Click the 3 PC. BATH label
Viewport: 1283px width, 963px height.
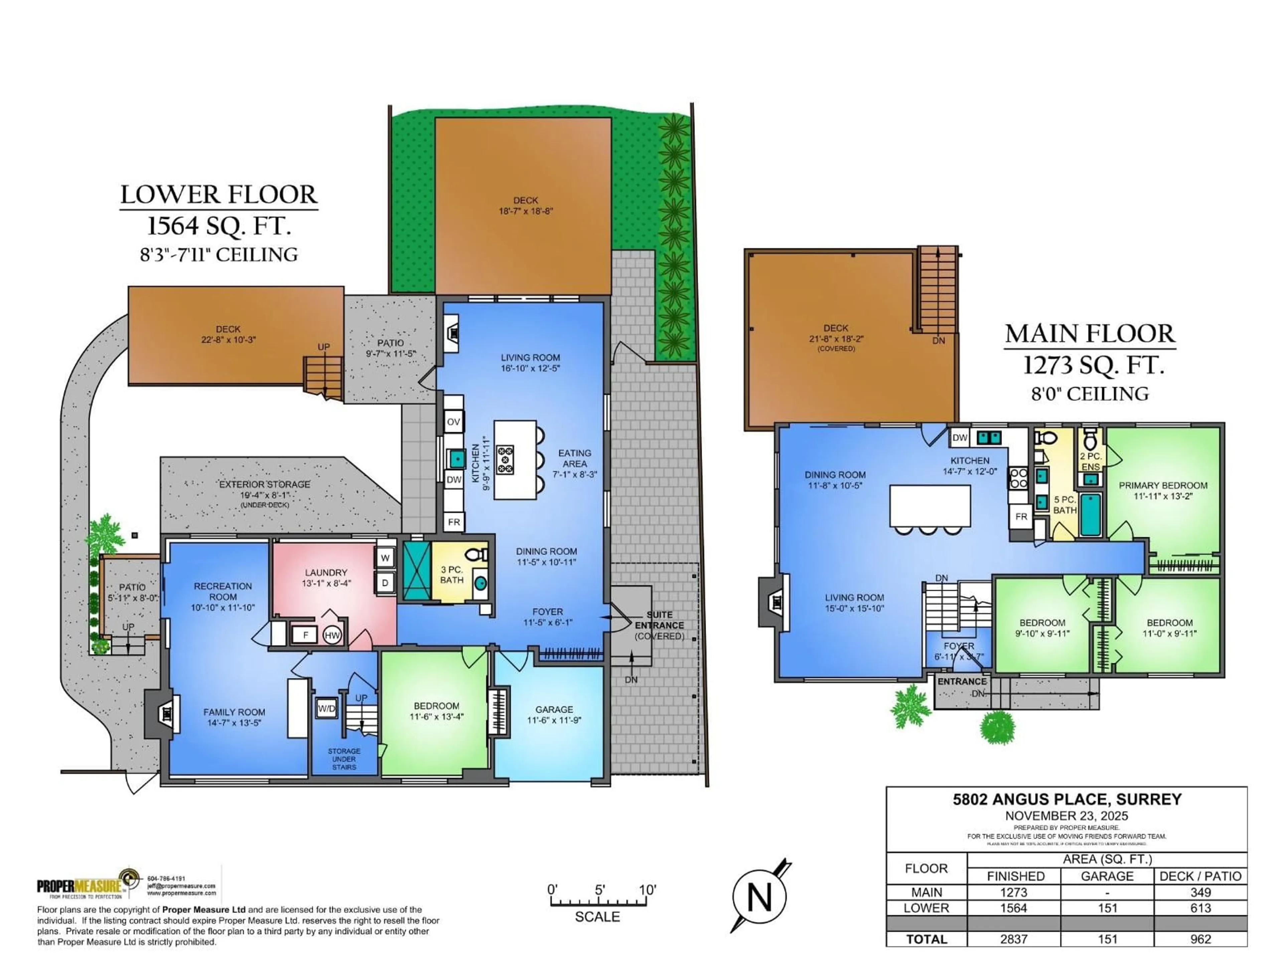452,575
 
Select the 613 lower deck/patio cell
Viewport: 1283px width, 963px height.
1200,908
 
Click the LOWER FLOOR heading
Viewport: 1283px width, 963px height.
219,195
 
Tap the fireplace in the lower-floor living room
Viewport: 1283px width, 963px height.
452,333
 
